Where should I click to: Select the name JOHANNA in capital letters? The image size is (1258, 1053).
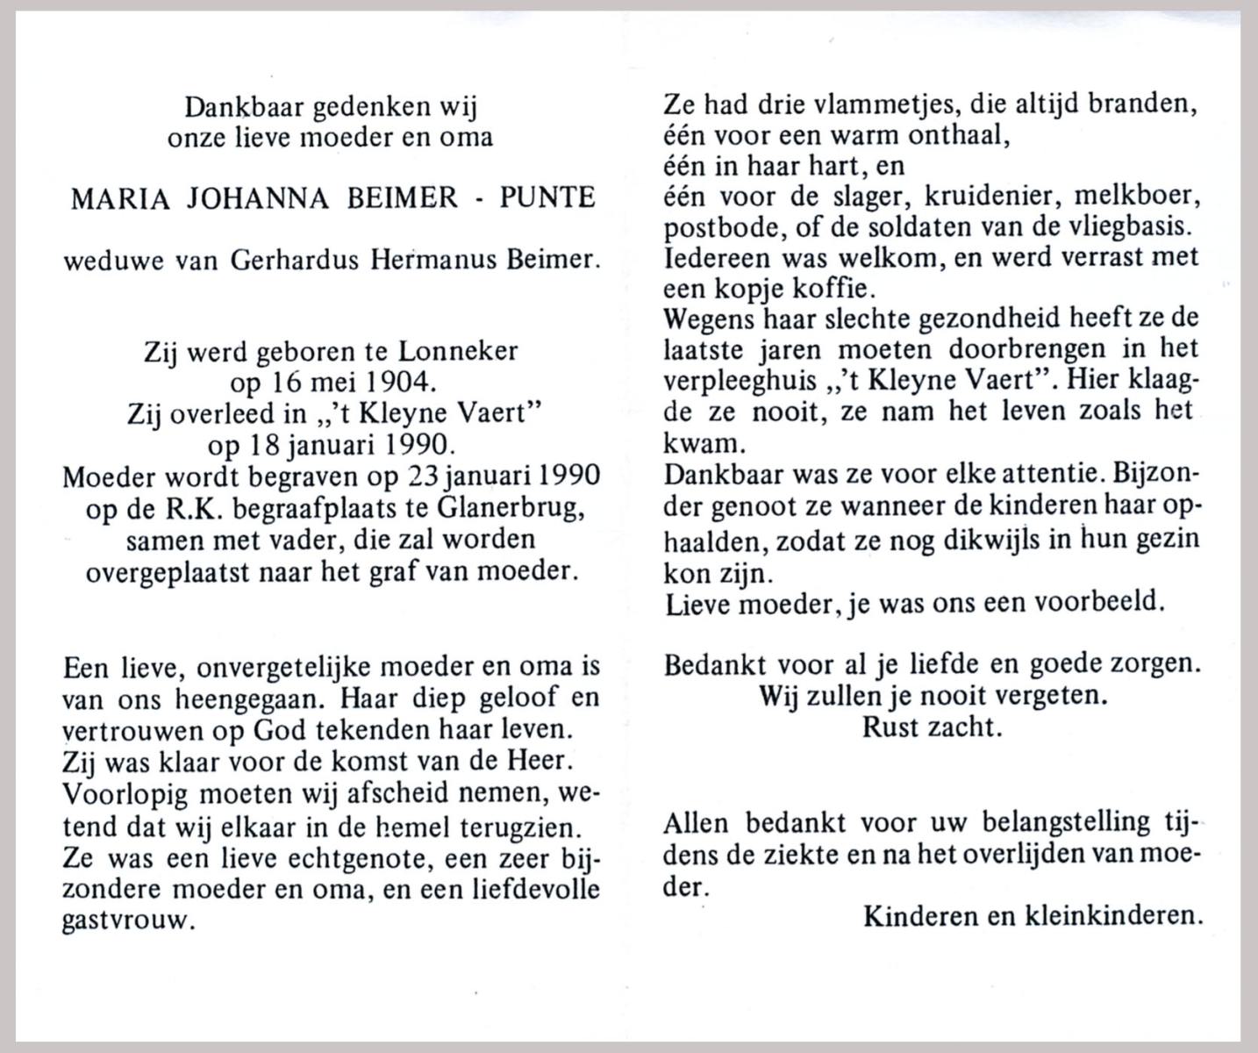[254, 198]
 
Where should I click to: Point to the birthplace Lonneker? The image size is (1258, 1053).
[458, 352]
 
